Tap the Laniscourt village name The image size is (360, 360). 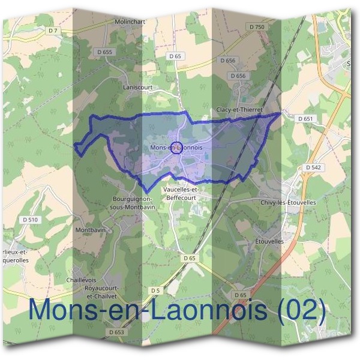(x=138, y=86)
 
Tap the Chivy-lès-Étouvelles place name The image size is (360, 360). (x=288, y=203)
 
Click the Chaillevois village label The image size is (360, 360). (x=82, y=280)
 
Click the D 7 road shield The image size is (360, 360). (x=53, y=31)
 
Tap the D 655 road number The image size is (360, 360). (x=104, y=52)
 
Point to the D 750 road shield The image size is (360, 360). (x=256, y=27)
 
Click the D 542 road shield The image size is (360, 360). (x=313, y=167)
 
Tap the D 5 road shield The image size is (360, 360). (x=155, y=290)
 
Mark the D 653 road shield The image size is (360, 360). (x=117, y=332)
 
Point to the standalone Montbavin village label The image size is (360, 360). (x=91, y=230)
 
